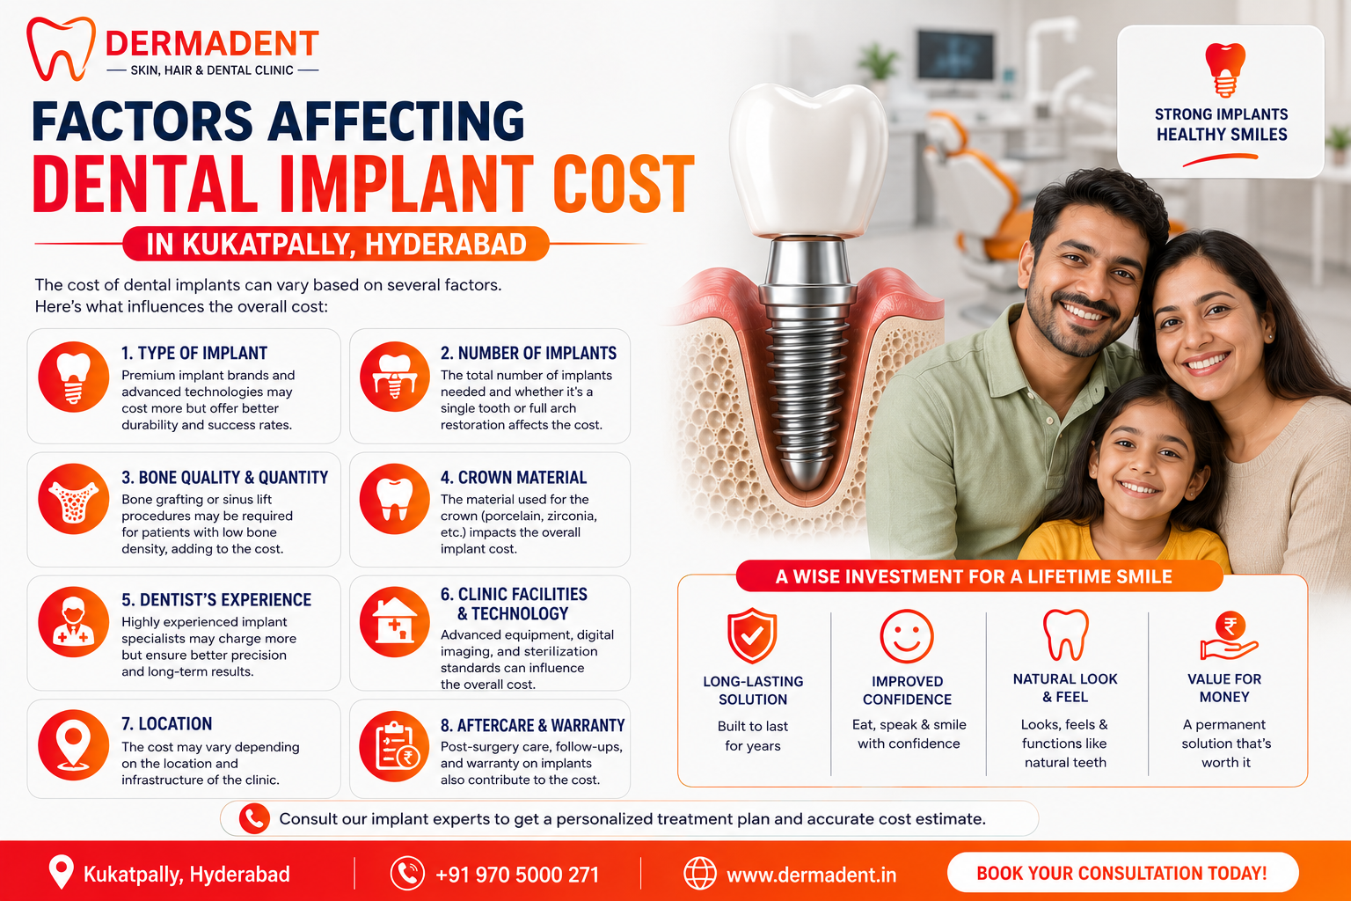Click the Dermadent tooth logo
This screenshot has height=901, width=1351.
pyautogui.click(x=61, y=48)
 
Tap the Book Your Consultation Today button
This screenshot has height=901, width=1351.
pyautogui.click(x=1122, y=873)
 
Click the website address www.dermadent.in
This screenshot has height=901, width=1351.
pyautogui.click(x=811, y=875)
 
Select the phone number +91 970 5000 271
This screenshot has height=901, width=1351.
pyautogui.click(x=517, y=875)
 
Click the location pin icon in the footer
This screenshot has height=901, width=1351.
pyautogui.click(x=61, y=871)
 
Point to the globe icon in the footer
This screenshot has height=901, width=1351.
pyautogui.click(x=699, y=873)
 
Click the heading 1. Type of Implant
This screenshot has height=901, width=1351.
pyautogui.click(x=194, y=353)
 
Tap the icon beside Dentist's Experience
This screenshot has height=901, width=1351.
pyautogui.click(x=74, y=622)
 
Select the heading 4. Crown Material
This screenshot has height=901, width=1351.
pyautogui.click(x=514, y=478)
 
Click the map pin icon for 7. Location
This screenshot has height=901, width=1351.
pyautogui.click(x=74, y=744)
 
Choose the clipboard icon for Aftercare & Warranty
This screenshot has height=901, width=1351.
pyautogui.click(x=394, y=746)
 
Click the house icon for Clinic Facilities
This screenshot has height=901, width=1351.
pyautogui.click(x=394, y=621)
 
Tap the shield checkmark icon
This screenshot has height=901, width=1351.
pyautogui.click(x=751, y=636)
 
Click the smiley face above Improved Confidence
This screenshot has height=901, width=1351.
pyautogui.click(x=907, y=637)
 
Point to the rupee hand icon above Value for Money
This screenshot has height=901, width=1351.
pyautogui.click(x=1229, y=636)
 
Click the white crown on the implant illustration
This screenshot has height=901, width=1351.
pyautogui.click(x=808, y=160)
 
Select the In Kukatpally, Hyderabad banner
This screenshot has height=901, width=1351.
pyautogui.click(x=336, y=244)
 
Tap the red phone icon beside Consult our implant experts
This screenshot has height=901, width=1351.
pyautogui.click(x=254, y=819)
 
